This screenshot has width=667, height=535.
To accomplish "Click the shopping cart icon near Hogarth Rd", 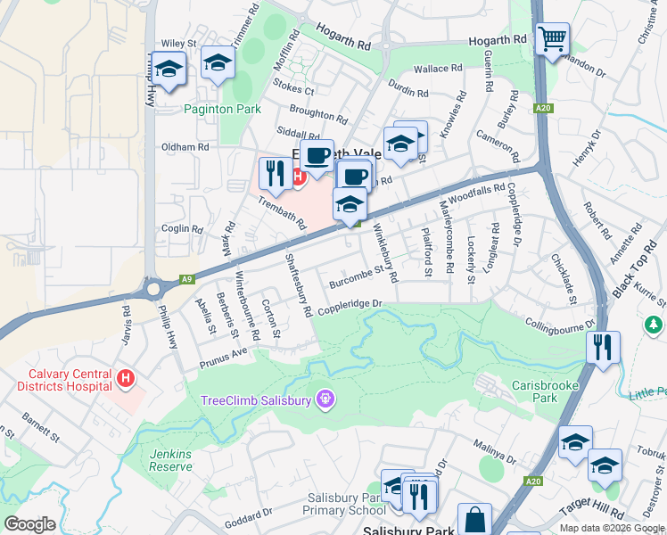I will tap(553, 37).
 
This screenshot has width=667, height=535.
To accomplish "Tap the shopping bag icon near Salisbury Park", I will tap(474, 519).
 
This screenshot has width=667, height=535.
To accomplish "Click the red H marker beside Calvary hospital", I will tap(127, 379).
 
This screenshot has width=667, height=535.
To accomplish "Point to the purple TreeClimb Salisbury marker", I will tap(325, 399).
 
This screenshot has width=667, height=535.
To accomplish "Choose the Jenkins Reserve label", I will tap(170, 460).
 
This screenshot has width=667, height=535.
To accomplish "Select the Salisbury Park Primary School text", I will tap(332, 504).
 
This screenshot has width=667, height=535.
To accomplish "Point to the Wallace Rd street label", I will tap(437, 68).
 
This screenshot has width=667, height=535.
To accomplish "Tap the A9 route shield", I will tap(186, 279).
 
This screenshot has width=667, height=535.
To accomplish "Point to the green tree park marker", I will tap(655, 325).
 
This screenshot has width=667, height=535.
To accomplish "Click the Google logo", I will tap(29, 524).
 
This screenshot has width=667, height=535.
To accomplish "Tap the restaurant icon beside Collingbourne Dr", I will tap(604, 347).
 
